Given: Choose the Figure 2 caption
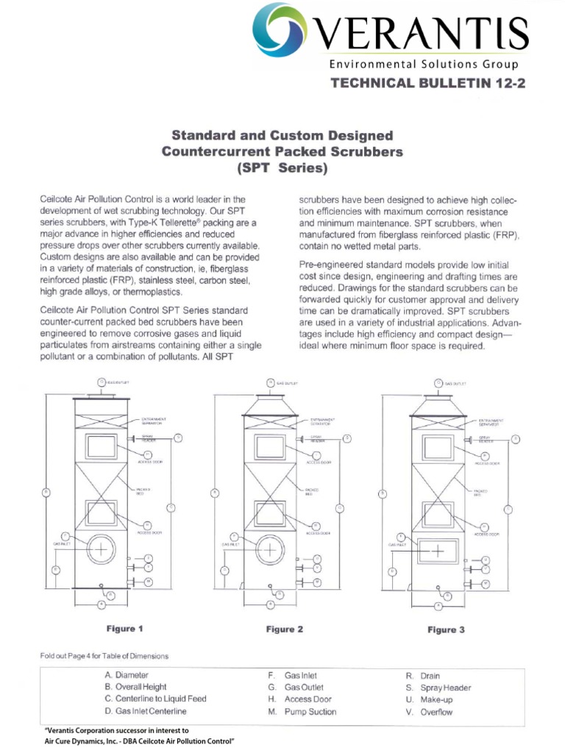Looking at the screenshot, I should click(x=284, y=629).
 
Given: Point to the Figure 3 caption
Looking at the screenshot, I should click(x=447, y=629).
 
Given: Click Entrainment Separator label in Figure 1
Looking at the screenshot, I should click(x=152, y=421).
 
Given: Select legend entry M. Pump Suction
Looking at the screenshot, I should click(x=302, y=712).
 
